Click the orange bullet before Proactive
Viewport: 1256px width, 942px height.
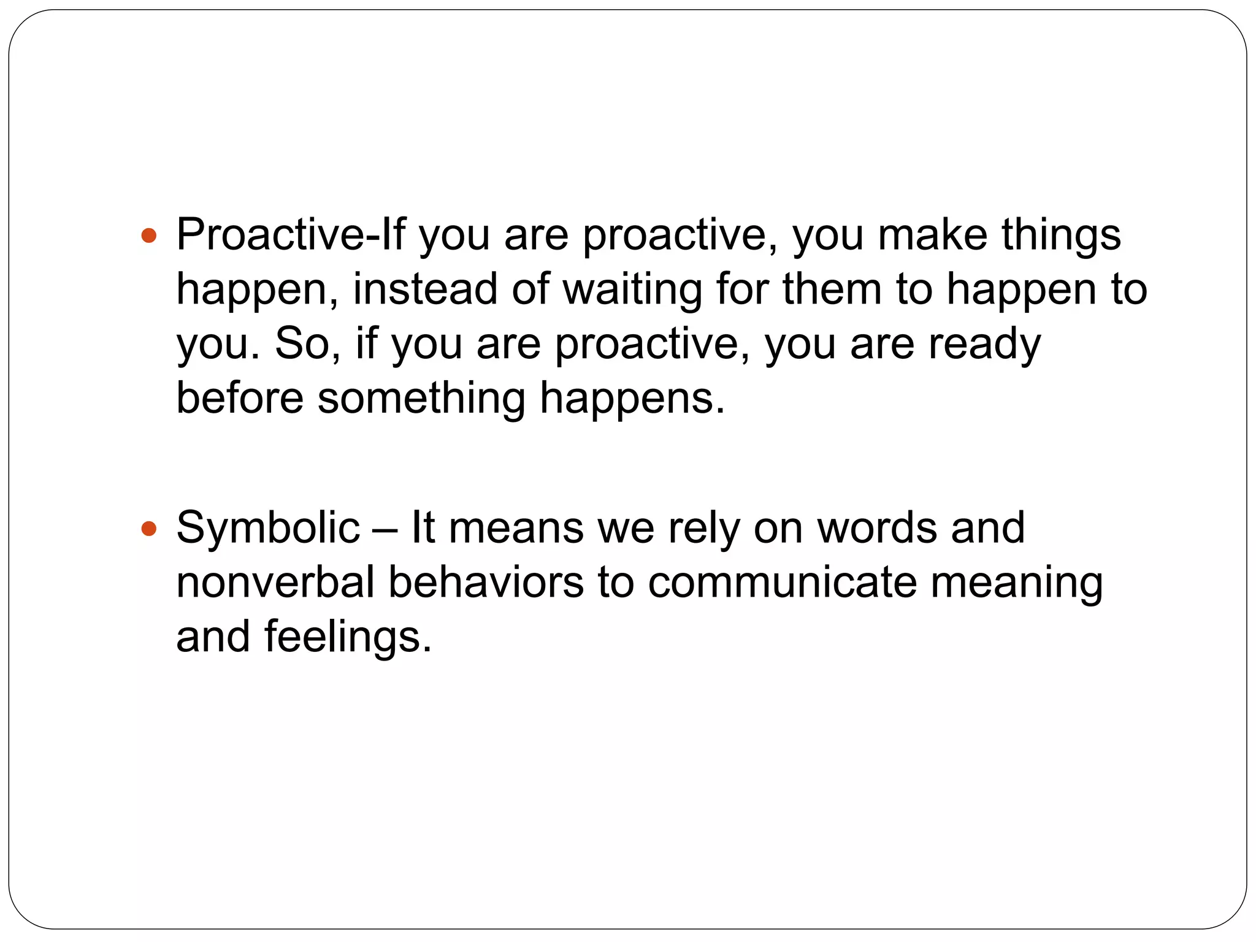[x=149, y=235]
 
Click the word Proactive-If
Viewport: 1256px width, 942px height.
[x=291, y=235]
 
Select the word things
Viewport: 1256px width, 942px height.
[x=1061, y=235]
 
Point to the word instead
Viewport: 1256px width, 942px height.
[x=425, y=289]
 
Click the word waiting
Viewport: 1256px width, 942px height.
[x=632, y=289]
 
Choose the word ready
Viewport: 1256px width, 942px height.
[x=984, y=343]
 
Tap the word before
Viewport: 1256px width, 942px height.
[x=240, y=397]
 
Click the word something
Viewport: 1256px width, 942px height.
[x=421, y=397]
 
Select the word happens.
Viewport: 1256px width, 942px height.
[x=632, y=397]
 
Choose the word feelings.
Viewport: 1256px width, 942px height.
[x=348, y=636]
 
